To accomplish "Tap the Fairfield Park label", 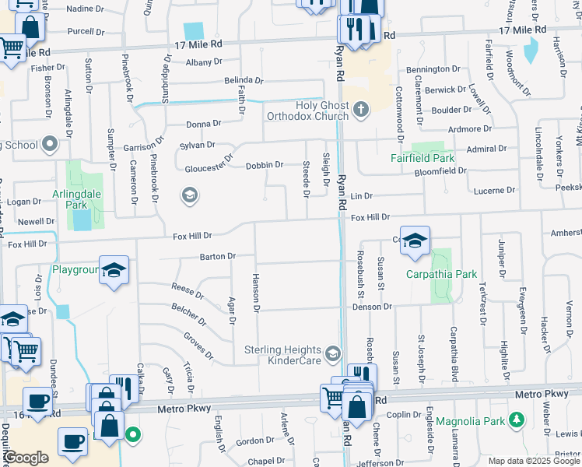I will pyautogui.click(x=422, y=157).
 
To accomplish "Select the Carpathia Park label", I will pyautogui.click(x=441, y=274).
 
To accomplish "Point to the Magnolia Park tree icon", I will pyautogui.click(x=516, y=421).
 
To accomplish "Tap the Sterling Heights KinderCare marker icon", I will pyautogui.click(x=333, y=354).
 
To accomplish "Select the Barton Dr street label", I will pyautogui.click(x=218, y=256).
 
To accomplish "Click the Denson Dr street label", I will pyautogui.click(x=372, y=307).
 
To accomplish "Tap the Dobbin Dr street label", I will pyautogui.click(x=264, y=165).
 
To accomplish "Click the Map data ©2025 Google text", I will pyautogui.click(x=533, y=461).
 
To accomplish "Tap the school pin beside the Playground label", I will pyautogui.click(x=114, y=271).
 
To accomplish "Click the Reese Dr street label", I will pyautogui.click(x=188, y=295).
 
